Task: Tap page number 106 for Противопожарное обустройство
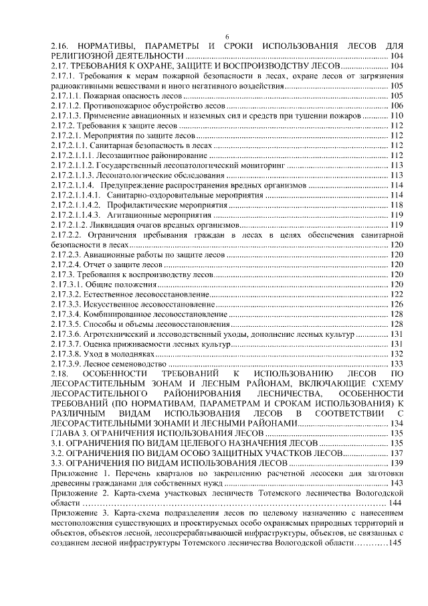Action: point(396,106)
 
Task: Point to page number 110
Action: point(396,116)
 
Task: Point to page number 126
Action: point(396,304)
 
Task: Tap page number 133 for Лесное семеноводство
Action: point(396,363)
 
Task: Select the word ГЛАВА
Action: point(67,433)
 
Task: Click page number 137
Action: point(396,453)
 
